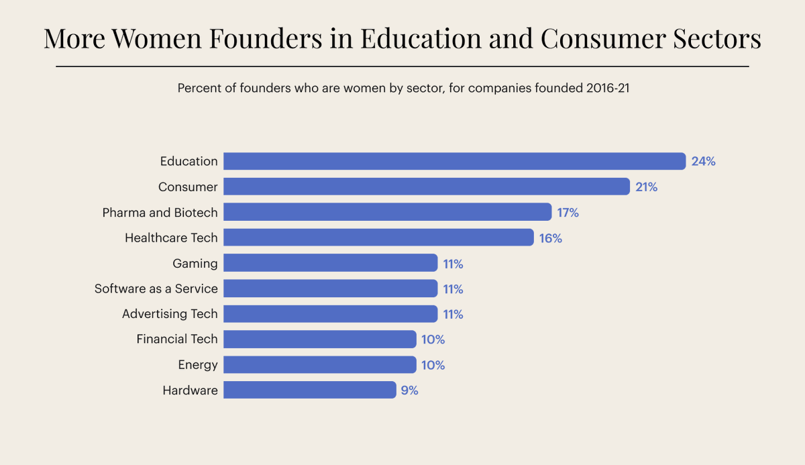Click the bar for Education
tap(454, 161)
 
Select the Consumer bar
tap(427, 187)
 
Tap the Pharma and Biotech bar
tap(387, 212)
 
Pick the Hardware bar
tap(309, 390)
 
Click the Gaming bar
tap(330, 263)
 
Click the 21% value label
tap(646, 187)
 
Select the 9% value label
tap(409, 391)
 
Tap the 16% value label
tap(550, 238)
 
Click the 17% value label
tap(568, 213)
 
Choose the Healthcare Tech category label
tap(171, 238)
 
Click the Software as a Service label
tap(156, 289)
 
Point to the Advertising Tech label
tap(170, 314)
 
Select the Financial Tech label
tap(177, 340)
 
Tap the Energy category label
tap(198, 365)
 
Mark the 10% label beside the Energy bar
tap(433, 365)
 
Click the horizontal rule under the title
tap(402, 66)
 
